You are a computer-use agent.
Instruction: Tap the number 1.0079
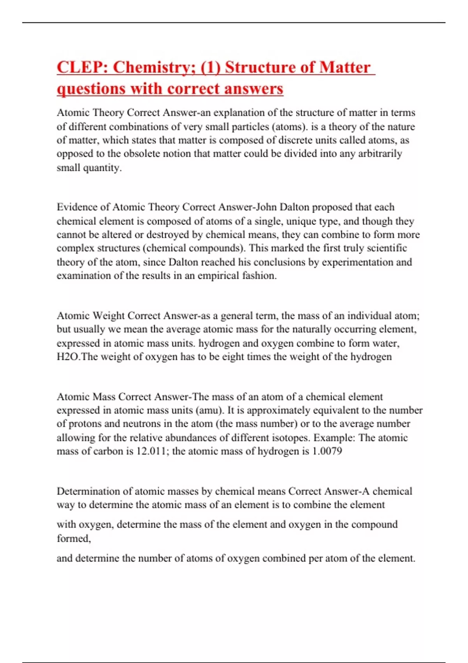coord(327,451)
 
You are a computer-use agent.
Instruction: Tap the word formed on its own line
coord(73,539)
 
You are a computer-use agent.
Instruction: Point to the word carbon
coord(109,451)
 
